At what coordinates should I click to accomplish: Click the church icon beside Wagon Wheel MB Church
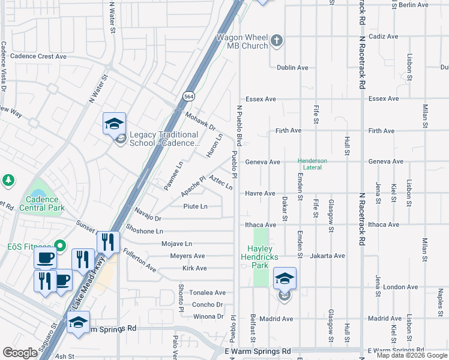[276, 40]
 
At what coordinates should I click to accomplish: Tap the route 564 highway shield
[188, 96]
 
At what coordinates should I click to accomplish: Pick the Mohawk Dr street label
[200, 122]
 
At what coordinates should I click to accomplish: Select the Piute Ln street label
[195, 206]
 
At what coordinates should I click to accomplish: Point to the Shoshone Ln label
[145, 231]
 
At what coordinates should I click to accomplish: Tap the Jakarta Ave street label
[328, 256]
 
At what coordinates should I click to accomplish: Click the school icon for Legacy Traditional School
[114, 124]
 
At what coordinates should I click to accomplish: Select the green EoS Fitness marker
[60, 245]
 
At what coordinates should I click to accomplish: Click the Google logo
[20, 353]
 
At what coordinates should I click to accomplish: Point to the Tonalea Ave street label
[207, 293]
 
